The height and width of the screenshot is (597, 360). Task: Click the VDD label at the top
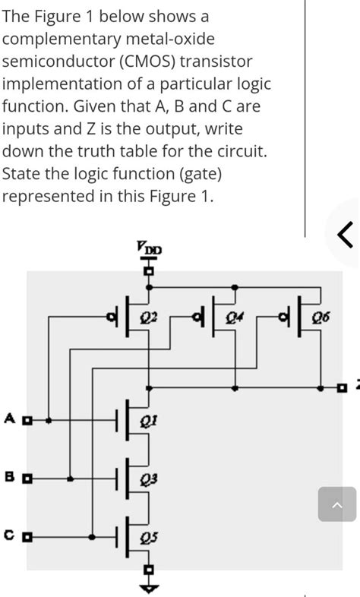(149, 247)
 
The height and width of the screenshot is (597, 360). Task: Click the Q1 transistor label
(149, 420)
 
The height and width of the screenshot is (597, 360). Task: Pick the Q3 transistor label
(149, 479)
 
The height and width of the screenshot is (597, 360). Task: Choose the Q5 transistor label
(149, 539)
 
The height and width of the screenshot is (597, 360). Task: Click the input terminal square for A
(28, 419)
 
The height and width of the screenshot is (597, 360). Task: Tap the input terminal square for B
(28, 479)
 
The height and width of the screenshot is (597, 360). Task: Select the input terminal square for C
(28, 537)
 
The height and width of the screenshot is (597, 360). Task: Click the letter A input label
(9, 418)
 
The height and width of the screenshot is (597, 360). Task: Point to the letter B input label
(9, 478)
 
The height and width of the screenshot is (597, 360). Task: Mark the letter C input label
(9, 536)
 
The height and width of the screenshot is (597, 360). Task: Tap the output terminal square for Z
(343, 388)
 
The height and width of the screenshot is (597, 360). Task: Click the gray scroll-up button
(336, 504)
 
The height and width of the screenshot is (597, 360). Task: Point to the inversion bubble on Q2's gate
(114, 316)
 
